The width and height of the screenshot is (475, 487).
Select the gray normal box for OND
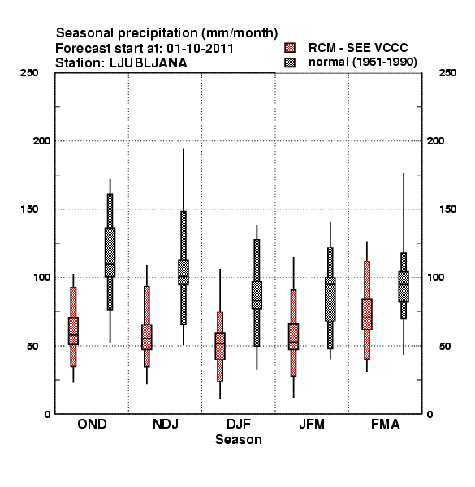[x=110, y=252]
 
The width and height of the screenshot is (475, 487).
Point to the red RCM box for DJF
[x=220, y=346]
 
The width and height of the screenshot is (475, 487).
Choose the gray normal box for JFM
[x=330, y=299]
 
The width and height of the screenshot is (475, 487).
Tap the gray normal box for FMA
[x=404, y=287]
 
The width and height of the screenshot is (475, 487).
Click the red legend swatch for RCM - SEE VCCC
[x=290, y=48]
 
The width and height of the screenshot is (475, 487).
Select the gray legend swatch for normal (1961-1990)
[x=290, y=62]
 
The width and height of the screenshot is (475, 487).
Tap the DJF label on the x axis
[x=239, y=424]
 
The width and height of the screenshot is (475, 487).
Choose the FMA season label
[x=385, y=424]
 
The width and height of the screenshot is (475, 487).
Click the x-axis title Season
[x=239, y=439]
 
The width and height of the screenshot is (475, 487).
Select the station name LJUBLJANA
[x=149, y=63]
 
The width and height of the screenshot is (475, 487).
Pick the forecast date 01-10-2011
[x=200, y=49]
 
